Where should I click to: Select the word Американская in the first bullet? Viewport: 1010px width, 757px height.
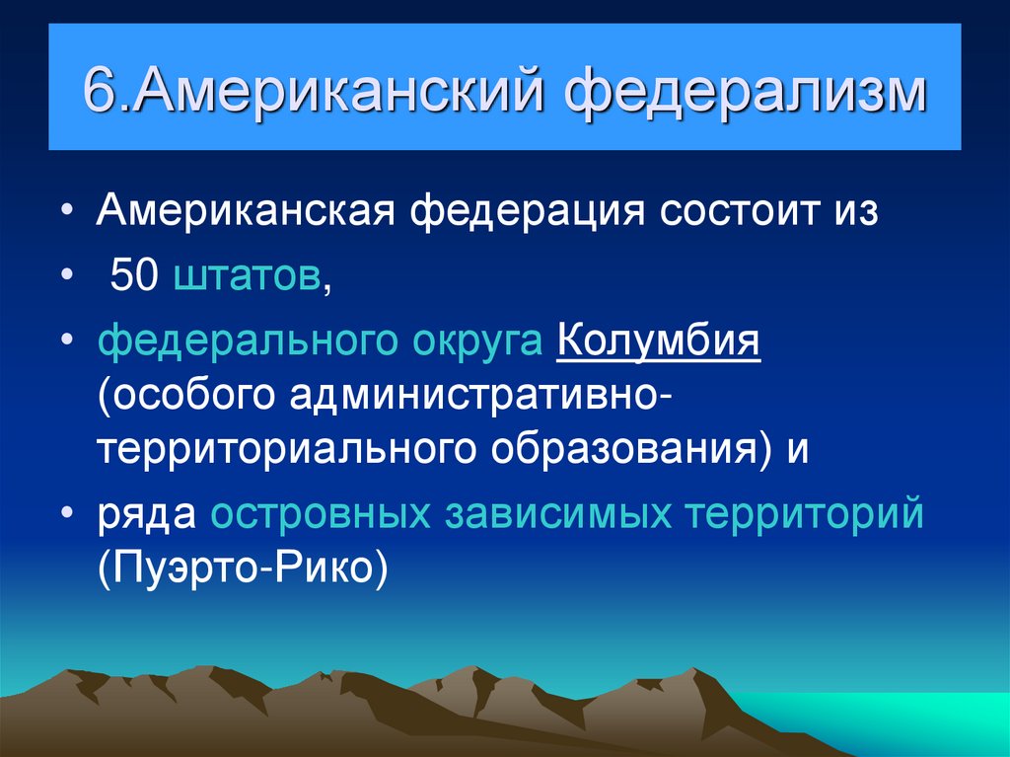point(247,212)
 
